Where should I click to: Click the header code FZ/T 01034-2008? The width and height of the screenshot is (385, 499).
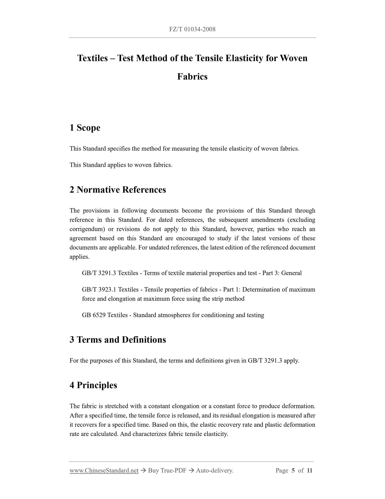192,29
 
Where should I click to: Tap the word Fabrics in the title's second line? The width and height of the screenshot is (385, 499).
192,77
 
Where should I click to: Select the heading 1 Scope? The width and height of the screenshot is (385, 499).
85,128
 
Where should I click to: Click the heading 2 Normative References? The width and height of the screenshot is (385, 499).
118,190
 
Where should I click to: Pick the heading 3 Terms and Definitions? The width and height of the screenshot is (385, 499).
118,340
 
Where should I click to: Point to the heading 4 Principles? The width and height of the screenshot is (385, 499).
93,385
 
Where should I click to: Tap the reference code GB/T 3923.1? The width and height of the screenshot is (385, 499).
99,290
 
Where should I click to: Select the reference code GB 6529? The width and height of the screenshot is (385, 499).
94,315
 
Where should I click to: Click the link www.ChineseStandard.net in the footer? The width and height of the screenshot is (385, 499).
104,470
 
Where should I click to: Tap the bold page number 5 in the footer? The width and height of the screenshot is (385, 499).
293,470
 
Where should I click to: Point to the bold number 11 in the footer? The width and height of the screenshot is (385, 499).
309,470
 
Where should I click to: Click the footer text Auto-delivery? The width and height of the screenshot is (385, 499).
214,470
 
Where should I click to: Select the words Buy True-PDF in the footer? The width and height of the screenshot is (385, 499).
167,470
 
